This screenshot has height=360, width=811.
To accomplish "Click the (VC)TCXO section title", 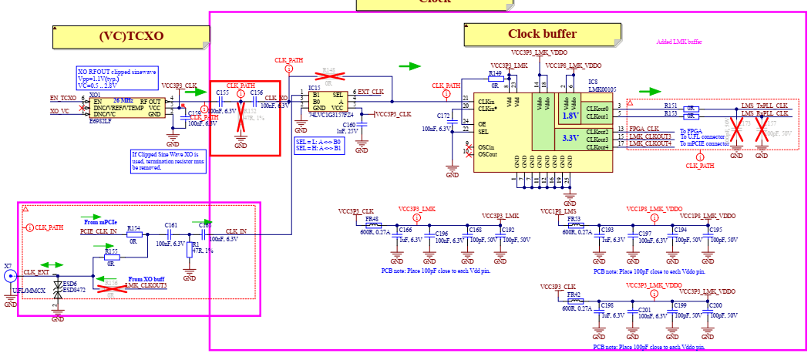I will (x=132, y=35).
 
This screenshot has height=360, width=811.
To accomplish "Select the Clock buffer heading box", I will (x=542, y=34).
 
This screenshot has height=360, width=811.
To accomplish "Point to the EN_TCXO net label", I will (x=63, y=99).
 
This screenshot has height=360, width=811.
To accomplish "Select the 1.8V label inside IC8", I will (x=570, y=115).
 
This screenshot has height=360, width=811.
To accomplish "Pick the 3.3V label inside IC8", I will (x=570, y=138).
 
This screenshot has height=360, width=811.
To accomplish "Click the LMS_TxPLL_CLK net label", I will (x=765, y=105).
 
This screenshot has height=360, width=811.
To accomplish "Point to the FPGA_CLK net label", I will (x=643, y=129).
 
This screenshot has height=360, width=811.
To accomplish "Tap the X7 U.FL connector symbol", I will (x=9, y=278).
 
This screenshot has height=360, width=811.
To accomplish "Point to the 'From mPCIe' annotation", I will (x=101, y=222).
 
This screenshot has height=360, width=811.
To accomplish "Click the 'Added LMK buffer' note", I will (x=679, y=42).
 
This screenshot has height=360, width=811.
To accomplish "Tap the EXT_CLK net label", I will (x=370, y=93).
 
